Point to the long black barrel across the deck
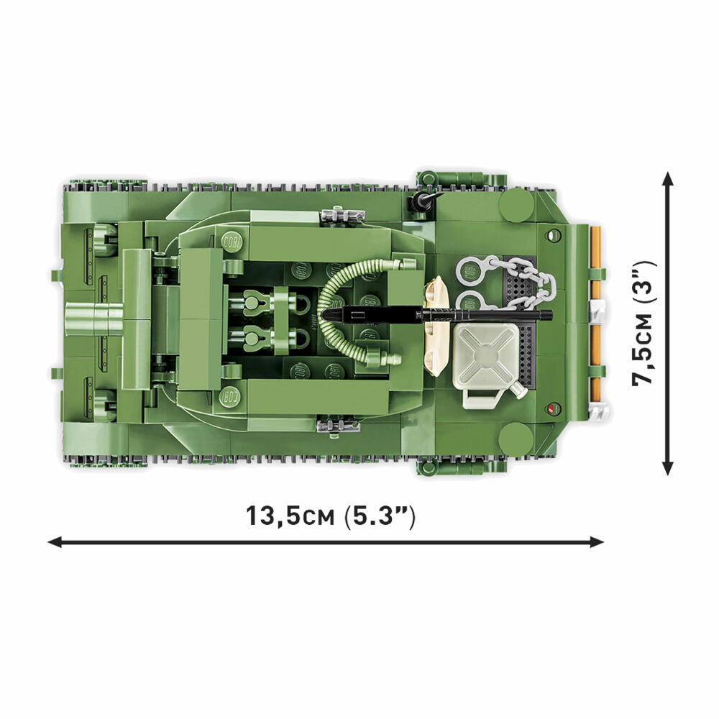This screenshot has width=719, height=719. tap(437, 315)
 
